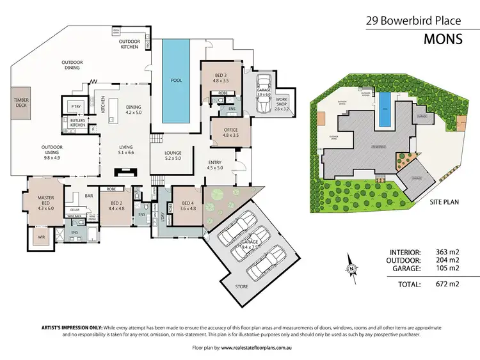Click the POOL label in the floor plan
176,81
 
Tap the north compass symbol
351,269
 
